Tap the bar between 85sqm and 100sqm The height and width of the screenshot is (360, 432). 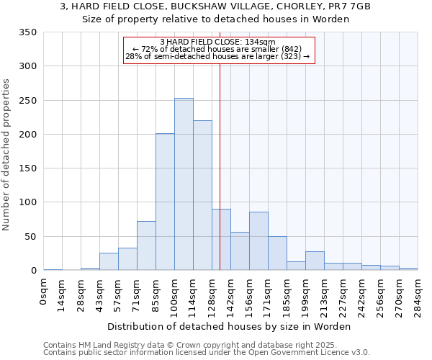[165, 202]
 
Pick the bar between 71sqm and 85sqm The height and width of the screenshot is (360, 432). [146, 246]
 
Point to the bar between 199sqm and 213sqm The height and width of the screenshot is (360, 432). [315, 261]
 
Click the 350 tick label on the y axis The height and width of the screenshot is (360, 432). [28, 32]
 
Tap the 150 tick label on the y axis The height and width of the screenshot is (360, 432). [28, 168]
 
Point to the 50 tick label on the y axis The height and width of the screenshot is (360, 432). [31, 236]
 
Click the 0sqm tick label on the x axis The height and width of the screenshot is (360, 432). [44, 291]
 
